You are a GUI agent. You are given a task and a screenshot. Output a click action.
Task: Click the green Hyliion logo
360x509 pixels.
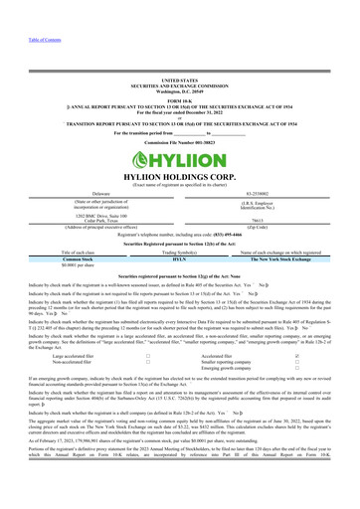[x=179, y=157]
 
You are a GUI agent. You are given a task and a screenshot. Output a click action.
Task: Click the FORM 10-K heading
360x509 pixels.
[x=179, y=101]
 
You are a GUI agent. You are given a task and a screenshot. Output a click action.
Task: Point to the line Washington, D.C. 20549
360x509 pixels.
[x=179, y=88]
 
